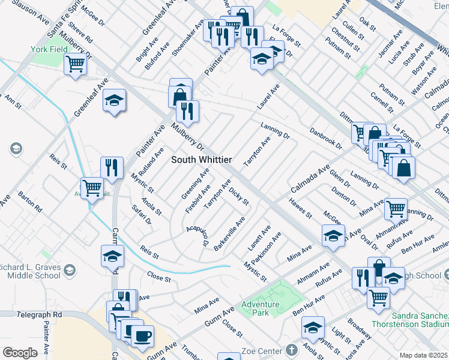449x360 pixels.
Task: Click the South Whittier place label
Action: click(202, 159)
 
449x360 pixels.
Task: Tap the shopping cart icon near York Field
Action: click(76, 63)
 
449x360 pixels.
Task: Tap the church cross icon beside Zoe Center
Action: click(291, 350)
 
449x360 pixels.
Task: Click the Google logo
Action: click(20, 353)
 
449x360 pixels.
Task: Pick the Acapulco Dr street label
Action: click(197, 238)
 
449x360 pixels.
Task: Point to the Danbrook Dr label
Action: click(326, 138)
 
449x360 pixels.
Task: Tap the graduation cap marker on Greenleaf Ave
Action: click(114, 100)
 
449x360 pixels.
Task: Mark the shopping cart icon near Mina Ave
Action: click(396, 209)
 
